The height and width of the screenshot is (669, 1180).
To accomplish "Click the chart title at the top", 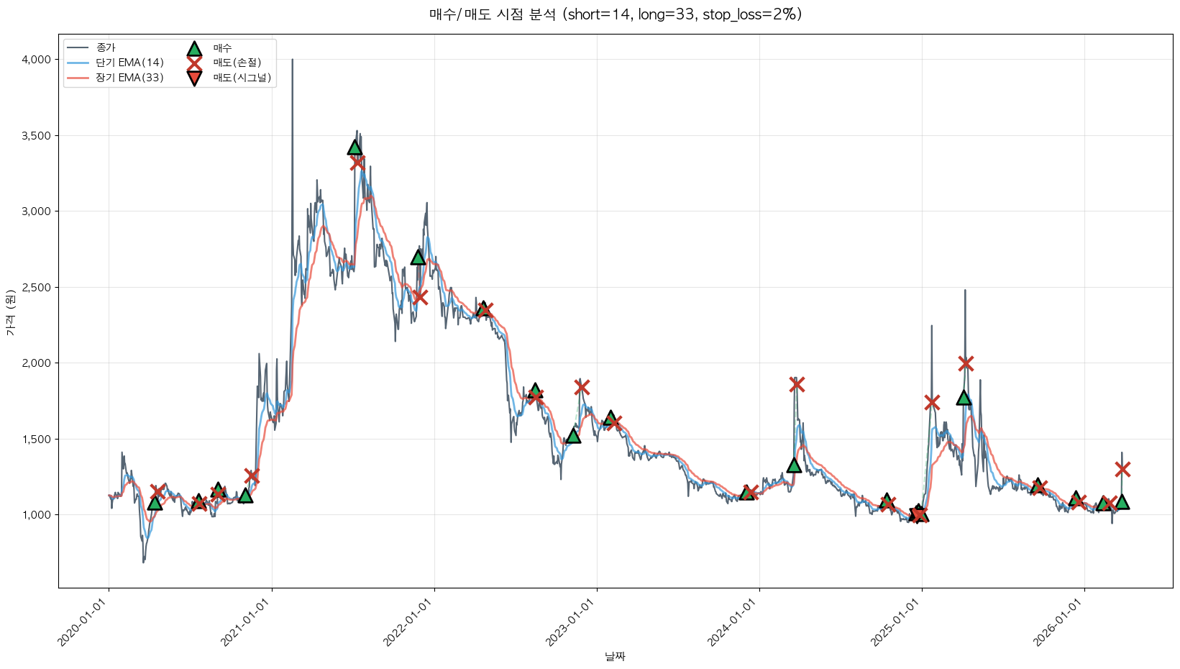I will [615, 14].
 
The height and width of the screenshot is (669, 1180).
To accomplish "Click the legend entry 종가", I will [106, 47].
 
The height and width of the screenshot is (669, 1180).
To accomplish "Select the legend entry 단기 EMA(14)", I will [129, 63].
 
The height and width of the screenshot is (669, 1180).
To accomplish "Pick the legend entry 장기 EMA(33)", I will [129, 78].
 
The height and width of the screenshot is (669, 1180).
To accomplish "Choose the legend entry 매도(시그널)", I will [242, 78].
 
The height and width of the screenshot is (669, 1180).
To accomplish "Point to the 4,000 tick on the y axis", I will [37, 60].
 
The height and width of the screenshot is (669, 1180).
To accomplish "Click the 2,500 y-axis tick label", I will [37, 288].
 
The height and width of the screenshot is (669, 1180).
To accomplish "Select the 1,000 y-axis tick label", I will [37, 515].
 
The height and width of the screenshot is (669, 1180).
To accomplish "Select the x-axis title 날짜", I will [615, 656].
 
